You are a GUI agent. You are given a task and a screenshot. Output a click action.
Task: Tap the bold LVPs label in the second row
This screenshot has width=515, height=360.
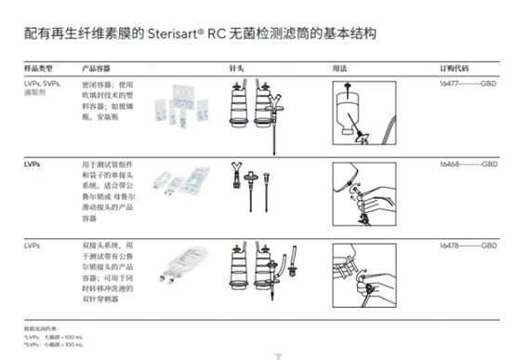tap(33, 163)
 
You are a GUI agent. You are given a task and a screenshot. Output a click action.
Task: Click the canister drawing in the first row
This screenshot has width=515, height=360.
tap(239, 112)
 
